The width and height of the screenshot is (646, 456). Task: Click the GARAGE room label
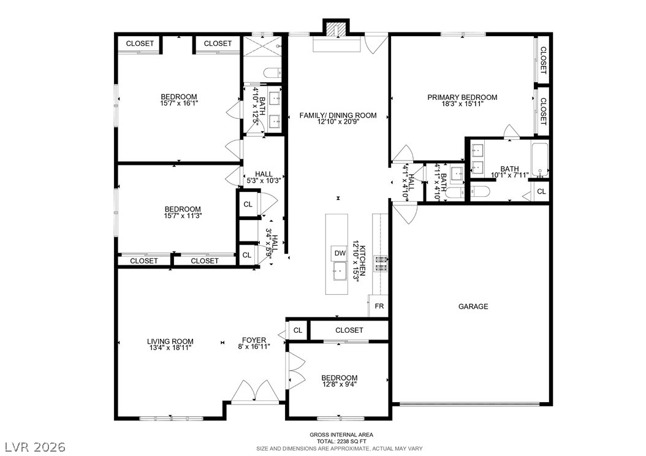pos(473,306)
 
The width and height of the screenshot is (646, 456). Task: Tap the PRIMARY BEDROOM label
pos(462,97)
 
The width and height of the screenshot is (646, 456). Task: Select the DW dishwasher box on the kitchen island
pos(340,253)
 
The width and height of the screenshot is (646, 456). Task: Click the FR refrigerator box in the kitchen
pos(379,306)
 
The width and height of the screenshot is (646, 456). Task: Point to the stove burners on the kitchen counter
pos(380,263)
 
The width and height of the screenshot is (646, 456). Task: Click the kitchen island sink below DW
pos(340,272)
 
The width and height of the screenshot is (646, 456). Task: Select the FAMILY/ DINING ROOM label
pos(338,115)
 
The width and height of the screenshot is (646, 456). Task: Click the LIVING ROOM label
pos(170,341)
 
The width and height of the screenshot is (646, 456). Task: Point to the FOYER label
pos(254,340)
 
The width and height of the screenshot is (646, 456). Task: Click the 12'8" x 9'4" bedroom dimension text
pos(339,384)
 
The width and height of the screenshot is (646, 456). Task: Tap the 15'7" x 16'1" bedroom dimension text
pos(179,104)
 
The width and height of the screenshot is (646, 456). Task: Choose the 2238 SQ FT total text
pos(341,441)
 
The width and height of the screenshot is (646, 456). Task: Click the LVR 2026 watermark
pos(36,447)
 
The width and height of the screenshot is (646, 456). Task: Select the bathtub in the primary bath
pos(540,160)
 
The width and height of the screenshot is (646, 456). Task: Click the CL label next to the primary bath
pos(541,192)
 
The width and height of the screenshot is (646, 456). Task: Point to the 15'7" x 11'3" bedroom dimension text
pos(183,216)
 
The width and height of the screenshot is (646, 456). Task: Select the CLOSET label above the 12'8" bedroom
pos(349,330)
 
